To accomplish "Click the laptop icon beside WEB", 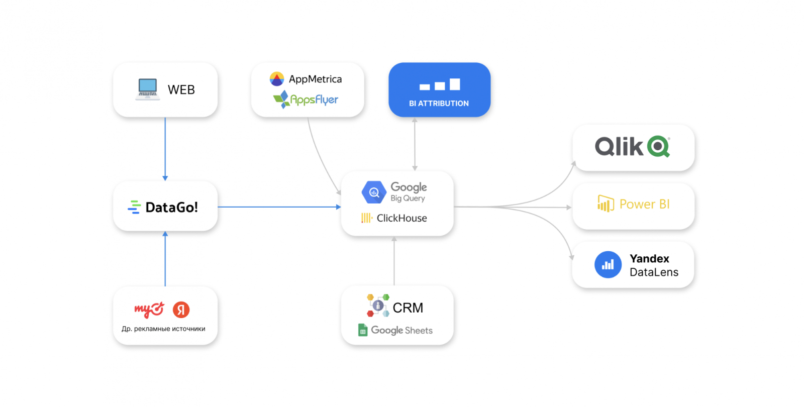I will (x=147, y=89).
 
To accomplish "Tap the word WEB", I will (x=181, y=90).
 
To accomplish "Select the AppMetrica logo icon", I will (x=277, y=79).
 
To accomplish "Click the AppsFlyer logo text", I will (x=314, y=100).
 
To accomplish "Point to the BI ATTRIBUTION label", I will (x=439, y=104).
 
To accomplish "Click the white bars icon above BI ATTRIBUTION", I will (x=440, y=85).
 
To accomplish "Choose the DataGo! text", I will (x=171, y=207).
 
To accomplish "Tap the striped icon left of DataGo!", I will (x=134, y=207).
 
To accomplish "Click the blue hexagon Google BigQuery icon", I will (x=374, y=192).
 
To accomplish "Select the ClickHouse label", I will (x=401, y=218).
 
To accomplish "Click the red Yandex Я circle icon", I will (x=181, y=310).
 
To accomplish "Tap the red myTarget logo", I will (x=149, y=310).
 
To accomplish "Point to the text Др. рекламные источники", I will (x=163, y=329).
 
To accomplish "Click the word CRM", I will (x=408, y=308).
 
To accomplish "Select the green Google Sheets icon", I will (x=363, y=330).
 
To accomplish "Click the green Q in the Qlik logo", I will (x=658, y=147).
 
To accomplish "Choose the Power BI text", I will (x=644, y=204).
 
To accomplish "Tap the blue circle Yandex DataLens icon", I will (x=608, y=265).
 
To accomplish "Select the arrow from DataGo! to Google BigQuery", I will (x=279, y=207).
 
